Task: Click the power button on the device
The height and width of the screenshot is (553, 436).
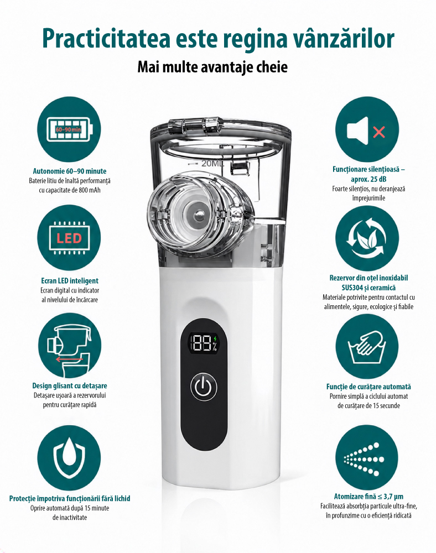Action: (x=204, y=387)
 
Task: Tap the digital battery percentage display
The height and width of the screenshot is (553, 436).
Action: (x=204, y=343)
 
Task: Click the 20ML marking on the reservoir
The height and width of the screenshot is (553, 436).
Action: (x=212, y=164)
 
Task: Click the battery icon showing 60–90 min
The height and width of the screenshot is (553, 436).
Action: (x=69, y=129)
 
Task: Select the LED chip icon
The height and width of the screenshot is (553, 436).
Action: (x=69, y=238)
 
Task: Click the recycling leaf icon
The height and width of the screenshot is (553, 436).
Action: (x=367, y=238)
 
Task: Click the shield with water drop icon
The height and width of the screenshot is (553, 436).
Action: (x=69, y=458)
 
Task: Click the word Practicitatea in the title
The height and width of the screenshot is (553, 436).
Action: (x=106, y=38)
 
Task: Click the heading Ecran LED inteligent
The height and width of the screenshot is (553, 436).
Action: (x=70, y=281)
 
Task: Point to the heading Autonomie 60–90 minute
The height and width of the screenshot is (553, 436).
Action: (x=70, y=171)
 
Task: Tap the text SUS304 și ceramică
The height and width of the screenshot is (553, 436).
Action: (x=368, y=288)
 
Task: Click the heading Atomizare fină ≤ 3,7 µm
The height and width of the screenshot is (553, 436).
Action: (x=368, y=497)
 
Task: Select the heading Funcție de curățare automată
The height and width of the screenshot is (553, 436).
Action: (x=368, y=387)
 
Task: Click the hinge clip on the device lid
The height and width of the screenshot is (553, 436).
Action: (x=194, y=124)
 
